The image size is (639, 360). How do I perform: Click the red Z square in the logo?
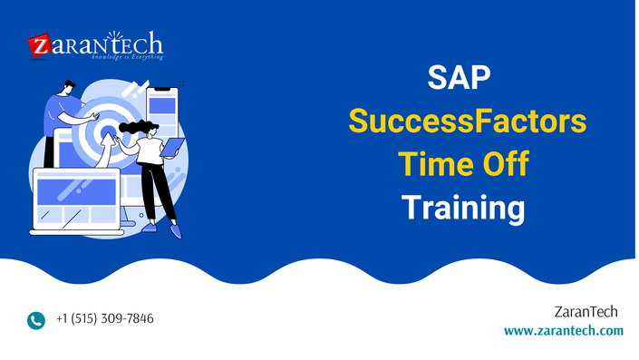pos(40,45)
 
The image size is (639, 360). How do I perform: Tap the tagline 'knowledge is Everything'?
pos(127,57)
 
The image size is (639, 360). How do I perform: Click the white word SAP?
pos(459,77)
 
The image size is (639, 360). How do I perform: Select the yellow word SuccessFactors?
pos(468,122)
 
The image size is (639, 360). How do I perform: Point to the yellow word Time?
pos(434,164)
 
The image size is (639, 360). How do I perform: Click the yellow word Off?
pos(506,164)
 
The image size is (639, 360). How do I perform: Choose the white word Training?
pos(463,209)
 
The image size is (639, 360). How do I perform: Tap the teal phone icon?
pos(36,320)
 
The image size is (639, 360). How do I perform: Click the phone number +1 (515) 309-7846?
pos(105,318)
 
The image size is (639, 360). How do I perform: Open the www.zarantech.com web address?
pos(564,330)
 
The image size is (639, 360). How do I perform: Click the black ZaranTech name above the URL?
pos(586,312)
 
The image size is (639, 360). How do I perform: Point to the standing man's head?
pos(68,88)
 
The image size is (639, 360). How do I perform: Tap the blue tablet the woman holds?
pos(172,147)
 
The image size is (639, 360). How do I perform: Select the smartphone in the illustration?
pos(162,113)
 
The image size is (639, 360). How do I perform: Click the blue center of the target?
pos(108,131)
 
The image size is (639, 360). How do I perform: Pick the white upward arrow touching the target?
pos(106,150)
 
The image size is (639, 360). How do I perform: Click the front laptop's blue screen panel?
pos(77,191)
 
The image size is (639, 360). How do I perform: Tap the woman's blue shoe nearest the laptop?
pos(150,228)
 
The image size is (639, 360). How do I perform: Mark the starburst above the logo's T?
pos(115,36)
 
